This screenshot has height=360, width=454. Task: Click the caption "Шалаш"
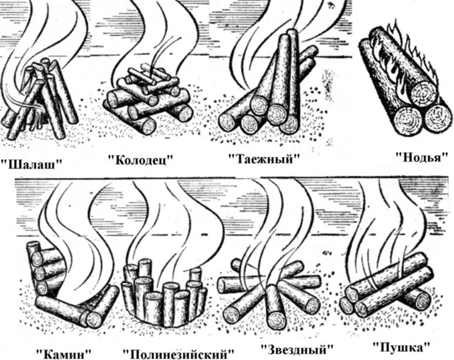coord(31,164)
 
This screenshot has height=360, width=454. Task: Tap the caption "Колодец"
coord(140,159)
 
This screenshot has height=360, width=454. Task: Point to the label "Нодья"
coord(419,158)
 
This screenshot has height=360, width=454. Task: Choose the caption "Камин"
coord(64,353)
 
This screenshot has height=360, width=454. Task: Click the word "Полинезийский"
coord(178,354)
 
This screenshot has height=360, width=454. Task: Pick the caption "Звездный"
coord(297,349)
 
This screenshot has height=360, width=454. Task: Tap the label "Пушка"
coord(402,346)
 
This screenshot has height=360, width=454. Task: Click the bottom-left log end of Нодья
coord(409,121)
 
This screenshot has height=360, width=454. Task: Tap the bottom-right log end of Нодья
coord(436,118)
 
